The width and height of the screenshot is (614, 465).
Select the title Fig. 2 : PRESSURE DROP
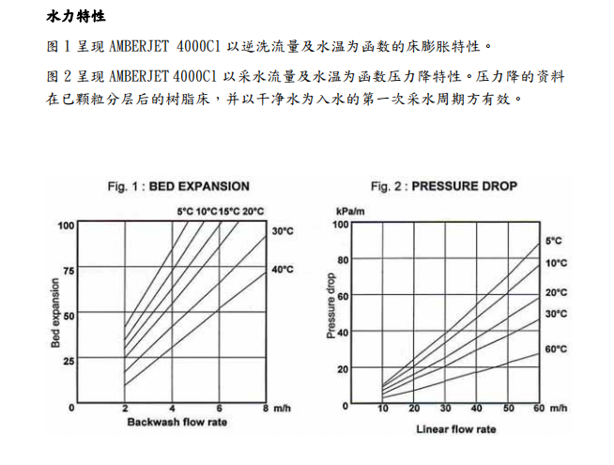click(x=443, y=186)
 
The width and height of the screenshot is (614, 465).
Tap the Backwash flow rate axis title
click(x=177, y=422)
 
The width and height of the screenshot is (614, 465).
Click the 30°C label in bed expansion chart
click(x=283, y=230)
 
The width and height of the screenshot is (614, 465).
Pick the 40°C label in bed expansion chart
click(x=283, y=270)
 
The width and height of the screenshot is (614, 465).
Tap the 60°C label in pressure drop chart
click(x=556, y=349)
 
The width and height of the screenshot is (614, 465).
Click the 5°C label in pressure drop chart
click(x=554, y=241)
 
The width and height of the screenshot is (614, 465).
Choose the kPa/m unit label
click(x=349, y=212)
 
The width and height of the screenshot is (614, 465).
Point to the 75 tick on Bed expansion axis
click(x=68, y=271)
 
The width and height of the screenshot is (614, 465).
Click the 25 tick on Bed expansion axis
click(x=68, y=361)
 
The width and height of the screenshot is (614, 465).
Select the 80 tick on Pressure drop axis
click(x=343, y=260)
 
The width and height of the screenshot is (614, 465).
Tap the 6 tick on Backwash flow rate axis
click(x=219, y=409)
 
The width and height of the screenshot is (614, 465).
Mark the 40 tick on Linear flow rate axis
click(x=476, y=409)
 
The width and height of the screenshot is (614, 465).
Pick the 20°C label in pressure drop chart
click(x=556, y=292)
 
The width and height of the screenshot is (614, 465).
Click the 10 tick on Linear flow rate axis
click(x=383, y=409)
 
